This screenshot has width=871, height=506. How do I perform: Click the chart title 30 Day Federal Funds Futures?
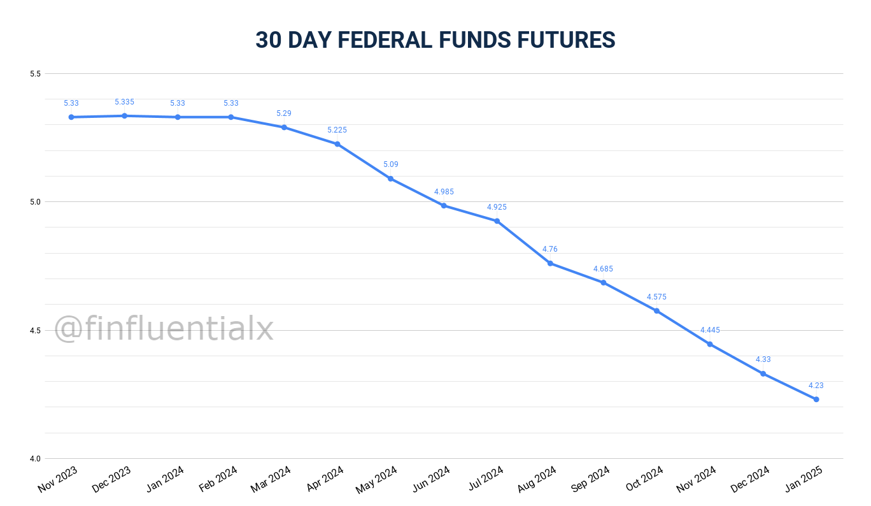coord(435,40)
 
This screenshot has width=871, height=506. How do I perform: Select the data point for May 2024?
coord(390,178)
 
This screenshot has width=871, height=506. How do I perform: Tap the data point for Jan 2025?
coord(816,400)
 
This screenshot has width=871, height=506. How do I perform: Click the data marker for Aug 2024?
coord(550,263)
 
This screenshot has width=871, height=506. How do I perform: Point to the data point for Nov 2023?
coord(71,117)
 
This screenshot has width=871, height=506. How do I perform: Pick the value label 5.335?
coord(124,102)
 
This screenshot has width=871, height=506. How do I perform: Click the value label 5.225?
coord(337,130)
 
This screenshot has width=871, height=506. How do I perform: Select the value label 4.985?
coord(444,192)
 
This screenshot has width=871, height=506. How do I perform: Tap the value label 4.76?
coord(550,249)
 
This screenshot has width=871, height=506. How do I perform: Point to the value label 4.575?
coord(656,297)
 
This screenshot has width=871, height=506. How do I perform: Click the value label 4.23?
coord(816,386)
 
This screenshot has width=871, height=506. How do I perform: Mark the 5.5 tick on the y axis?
coord(35,74)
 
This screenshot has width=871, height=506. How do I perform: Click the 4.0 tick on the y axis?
coord(35,459)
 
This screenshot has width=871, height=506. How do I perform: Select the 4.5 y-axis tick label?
coord(35,331)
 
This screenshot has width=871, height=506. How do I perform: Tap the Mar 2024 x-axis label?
coord(271,479)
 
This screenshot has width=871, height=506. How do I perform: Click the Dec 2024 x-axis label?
coord(750,479)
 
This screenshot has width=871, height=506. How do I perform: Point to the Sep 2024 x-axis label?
coord(590,479)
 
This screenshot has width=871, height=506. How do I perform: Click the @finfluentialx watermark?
coord(164,329)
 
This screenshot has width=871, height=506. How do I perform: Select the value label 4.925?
coord(497,207)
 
